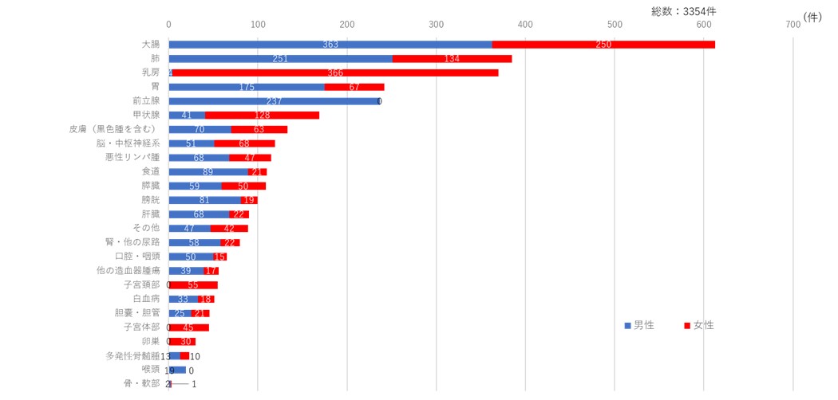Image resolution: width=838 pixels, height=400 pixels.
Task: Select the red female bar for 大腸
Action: point(603,44)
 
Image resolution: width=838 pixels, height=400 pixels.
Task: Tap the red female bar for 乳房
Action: point(335,73)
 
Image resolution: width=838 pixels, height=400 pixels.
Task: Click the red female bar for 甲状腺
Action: point(262,116)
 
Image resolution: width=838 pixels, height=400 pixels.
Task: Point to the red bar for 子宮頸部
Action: point(193,284)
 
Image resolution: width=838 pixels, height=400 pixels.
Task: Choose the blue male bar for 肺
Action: point(280,58)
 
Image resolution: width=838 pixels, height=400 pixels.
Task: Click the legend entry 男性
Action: point(639,325)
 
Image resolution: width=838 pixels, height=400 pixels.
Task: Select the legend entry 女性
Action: point(699,325)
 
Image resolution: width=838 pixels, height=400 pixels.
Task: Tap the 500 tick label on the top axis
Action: point(615,25)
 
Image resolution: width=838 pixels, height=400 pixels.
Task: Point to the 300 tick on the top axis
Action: point(436,25)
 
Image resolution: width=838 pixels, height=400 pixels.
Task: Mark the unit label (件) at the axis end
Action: point(812,17)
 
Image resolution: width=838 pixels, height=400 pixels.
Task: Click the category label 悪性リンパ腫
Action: point(132,157)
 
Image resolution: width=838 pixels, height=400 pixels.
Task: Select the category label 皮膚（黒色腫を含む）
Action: point(113,129)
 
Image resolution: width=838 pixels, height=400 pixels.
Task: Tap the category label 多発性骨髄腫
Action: point(132,355)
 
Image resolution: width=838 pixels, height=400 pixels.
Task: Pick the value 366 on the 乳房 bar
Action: point(335,73)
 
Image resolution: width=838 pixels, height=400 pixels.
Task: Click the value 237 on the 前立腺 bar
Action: point(274,101)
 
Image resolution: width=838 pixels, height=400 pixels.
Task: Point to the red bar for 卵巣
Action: point(182,341)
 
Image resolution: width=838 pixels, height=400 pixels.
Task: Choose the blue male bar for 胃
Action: point(247,87)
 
